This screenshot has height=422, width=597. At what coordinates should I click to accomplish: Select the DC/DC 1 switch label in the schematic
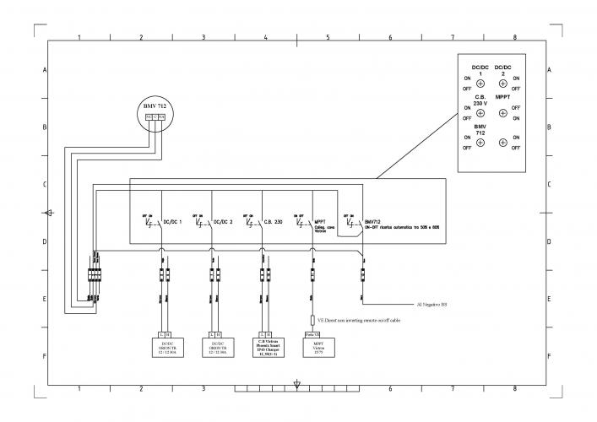[172, 222]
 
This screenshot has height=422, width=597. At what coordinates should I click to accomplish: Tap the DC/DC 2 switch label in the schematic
[223, 222]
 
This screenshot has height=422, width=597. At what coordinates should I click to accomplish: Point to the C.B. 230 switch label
[273, 222]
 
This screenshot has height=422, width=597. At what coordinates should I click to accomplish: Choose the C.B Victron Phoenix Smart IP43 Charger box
[264, 346]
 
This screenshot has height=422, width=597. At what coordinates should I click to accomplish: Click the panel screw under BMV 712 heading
[480, 143]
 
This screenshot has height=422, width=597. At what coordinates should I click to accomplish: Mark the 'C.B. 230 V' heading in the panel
[480, 100]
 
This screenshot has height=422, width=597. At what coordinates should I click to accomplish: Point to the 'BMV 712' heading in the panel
[480, 129]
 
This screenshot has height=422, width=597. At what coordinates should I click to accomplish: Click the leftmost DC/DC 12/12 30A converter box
[164, 346]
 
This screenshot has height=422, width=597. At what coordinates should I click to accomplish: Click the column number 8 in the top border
[514, 38]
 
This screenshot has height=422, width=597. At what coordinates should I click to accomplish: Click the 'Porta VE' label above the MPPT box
[310, 335]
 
